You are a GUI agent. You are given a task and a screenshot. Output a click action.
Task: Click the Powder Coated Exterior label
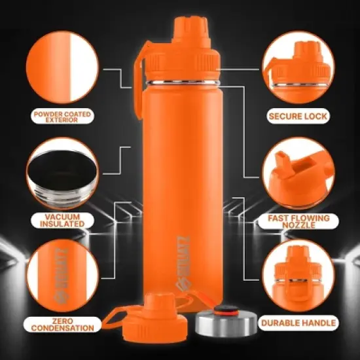point(63,117)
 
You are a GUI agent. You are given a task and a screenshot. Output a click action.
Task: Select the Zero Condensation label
point(63,323)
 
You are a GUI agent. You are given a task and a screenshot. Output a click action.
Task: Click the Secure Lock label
point(298,117)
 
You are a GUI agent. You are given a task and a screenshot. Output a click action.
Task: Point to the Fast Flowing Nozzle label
point(298,221)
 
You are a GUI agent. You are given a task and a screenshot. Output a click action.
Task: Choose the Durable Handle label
point(298,323)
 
